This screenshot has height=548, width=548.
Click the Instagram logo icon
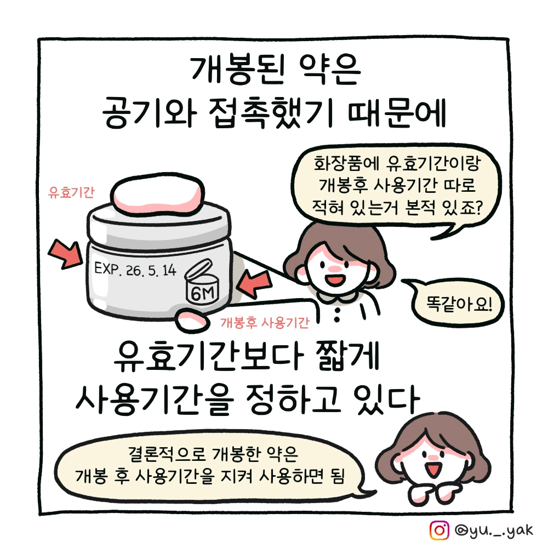[x=439, y=530]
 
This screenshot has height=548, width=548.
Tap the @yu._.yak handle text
[x=494, y=530]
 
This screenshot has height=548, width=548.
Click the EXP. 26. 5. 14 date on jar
[x=135, y=270]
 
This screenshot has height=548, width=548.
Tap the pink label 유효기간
[x=71, y=192]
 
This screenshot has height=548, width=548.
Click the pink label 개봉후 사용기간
[x=265, y=322]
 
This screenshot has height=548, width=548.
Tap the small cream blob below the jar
[x=192, y=321]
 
